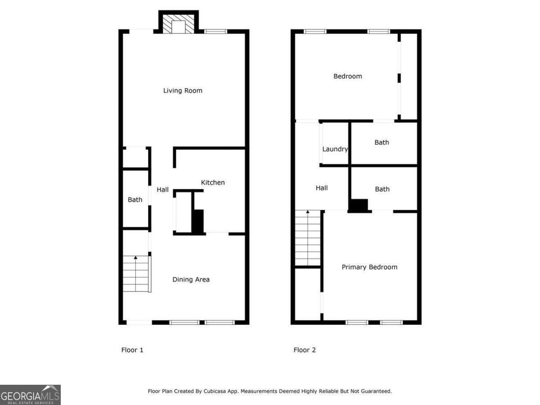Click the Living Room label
(183, 90)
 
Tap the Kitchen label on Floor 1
(212, 182)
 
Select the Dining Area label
(191, 279)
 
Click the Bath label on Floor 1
(135, 199)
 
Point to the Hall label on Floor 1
(162, 189)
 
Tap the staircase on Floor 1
(136, 274)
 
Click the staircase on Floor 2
(308, 238)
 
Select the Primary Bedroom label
(369, 267)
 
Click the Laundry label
(335, 149)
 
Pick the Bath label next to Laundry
(382, 142)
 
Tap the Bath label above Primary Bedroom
(382, 189)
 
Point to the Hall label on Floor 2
(321, 188)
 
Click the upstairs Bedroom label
(347, 76)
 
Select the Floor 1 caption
(132, 350)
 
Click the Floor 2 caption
(305, 350)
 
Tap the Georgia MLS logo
(30, 395)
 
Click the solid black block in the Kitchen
(198, 221)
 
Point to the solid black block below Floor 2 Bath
(359, 205)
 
